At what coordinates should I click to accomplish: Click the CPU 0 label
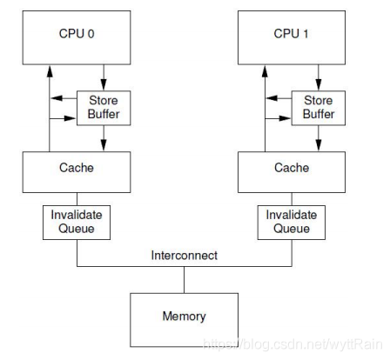coord(77,34)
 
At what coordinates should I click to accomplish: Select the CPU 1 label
coord(291,34)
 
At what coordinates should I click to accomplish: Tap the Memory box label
coord(184,316)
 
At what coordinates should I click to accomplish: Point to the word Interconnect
coord(184,255)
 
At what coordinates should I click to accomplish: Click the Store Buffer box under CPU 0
coord(104,108)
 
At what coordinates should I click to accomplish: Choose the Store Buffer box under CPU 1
coord(319,108)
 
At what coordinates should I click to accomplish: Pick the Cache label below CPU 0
coord(77,168)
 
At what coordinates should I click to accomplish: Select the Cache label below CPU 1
coord(292,168)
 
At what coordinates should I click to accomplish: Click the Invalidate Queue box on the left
coord(77,223)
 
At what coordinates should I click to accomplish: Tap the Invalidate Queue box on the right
coord(292,223)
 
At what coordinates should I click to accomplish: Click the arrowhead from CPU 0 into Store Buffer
coord(104,84)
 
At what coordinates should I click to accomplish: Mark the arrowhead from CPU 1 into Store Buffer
coord(319,84)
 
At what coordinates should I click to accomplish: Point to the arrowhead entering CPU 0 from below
coord(50,71)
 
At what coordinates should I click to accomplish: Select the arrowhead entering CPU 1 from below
coord(265,71)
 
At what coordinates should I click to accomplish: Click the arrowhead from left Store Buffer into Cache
coord(104,145)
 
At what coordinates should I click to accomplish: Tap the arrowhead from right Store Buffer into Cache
coord(319,145)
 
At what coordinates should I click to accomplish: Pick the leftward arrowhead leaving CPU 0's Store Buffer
coord(57,98)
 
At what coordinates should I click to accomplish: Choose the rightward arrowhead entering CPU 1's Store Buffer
coord(285,118)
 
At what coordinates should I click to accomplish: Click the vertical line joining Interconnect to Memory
coord(184,280)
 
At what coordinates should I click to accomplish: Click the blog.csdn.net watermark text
coord(292,344)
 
